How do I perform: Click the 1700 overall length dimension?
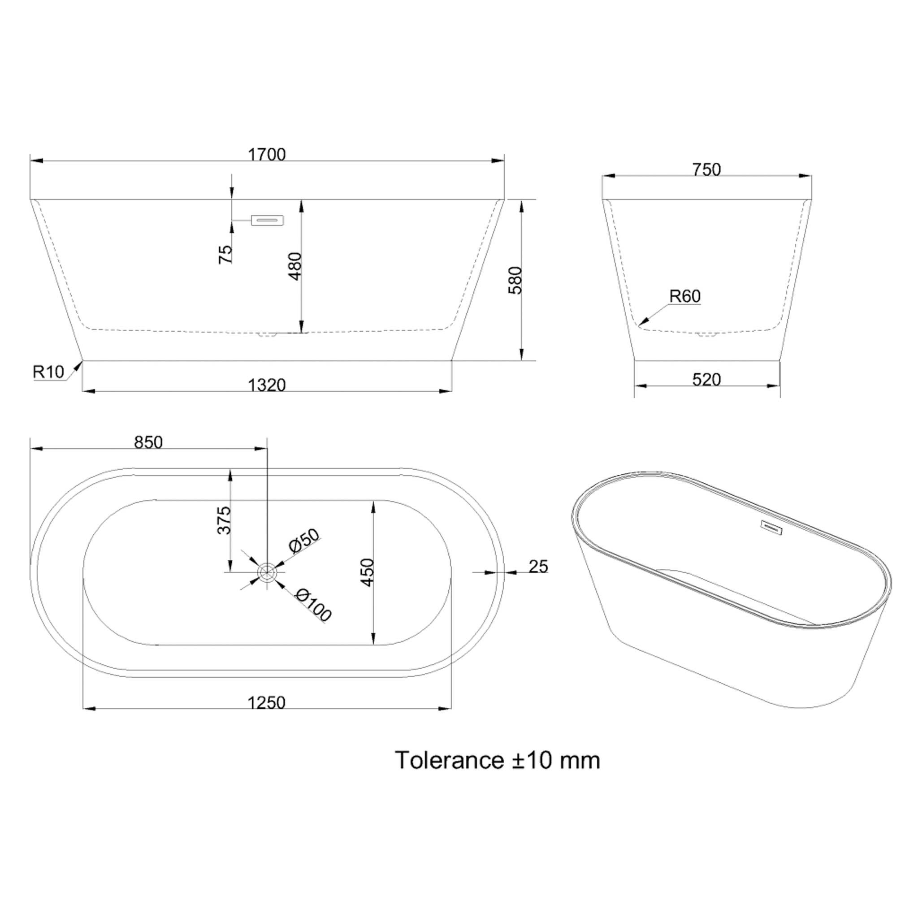point(267,155)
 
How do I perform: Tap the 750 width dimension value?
point(706,169)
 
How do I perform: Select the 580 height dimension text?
point(515,280)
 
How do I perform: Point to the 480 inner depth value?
point(295,266)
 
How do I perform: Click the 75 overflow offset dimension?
point(225,254)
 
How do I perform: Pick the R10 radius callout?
point(48,372)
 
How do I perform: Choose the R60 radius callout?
point(685,296)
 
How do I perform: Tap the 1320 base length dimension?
point(267,385)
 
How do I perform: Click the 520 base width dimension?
point(706,379)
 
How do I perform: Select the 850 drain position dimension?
point(148,442)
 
